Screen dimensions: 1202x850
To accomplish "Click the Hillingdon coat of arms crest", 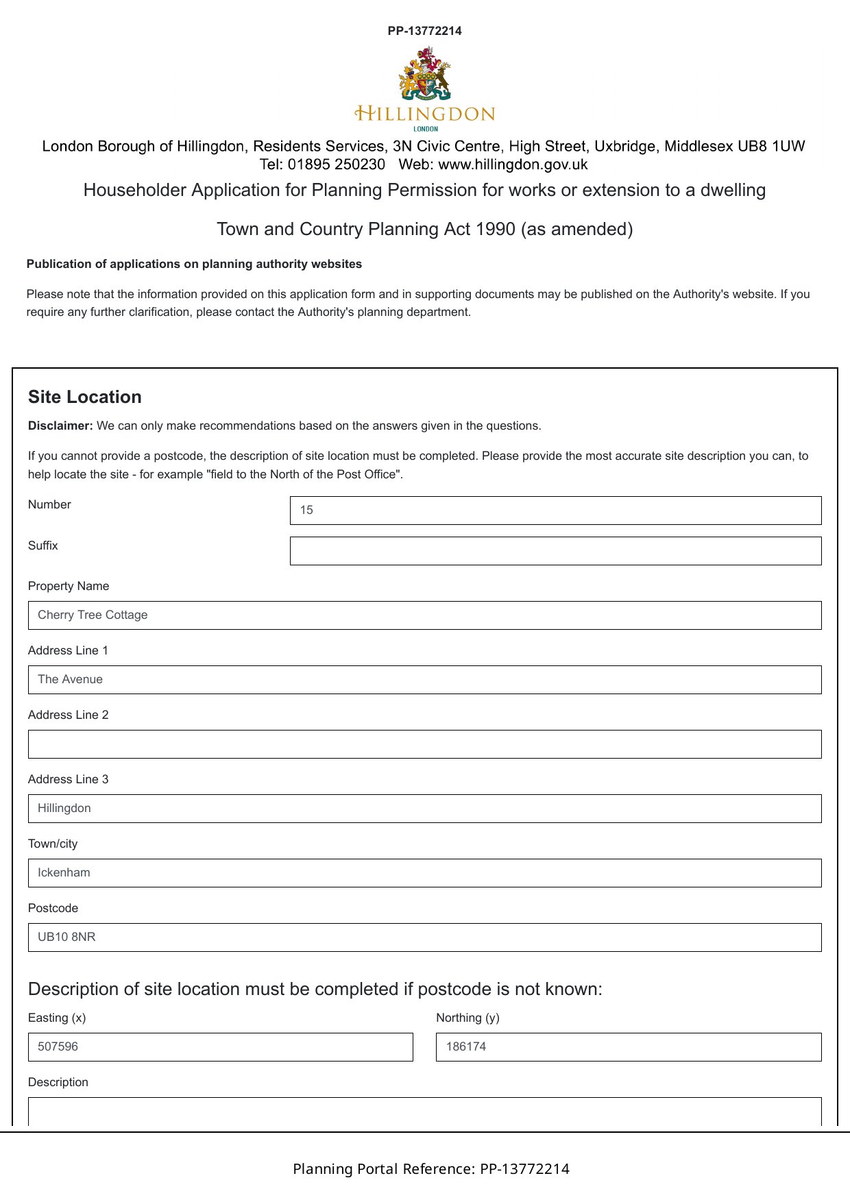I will click(x=424, y=74).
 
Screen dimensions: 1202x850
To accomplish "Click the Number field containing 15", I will click(x=555, y=511).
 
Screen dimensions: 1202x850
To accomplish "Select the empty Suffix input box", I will click(x=555, y=551).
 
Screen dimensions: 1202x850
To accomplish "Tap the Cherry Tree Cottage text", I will click(x=93, y=615).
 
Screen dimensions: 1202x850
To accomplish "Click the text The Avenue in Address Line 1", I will click(x=70, y=680).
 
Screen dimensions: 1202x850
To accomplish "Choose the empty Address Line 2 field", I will click(x=424, y=744).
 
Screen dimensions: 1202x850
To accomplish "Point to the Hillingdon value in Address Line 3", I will click(x=64, y=809).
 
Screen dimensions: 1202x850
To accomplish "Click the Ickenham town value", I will click(x=64, y=873).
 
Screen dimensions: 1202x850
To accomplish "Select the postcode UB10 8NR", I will click(x=66, y=937).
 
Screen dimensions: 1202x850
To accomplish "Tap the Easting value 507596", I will click(x=58, y=1047).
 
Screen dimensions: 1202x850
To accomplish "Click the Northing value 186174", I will click(x=466, y=1047).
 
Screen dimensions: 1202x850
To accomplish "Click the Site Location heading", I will click(x=85, y=397).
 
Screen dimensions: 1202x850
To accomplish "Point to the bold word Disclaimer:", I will click(x=60, y=426).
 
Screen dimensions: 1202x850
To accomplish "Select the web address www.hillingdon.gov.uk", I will click(x=513, y=165).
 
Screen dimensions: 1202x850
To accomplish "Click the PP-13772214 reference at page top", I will click(x=424, y=31).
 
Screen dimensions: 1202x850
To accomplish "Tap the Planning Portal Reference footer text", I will click(x=431, y=1169).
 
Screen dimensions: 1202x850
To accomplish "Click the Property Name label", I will click(x=69, y=587).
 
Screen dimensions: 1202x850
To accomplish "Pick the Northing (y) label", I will click(x=467, y=1018).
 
